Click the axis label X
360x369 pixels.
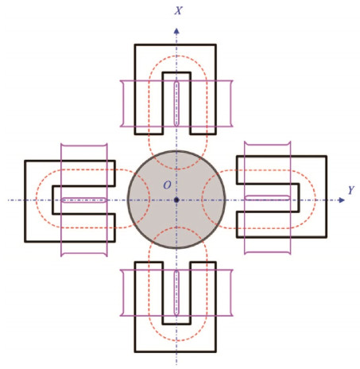[178, 10]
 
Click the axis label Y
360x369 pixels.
[351, 190]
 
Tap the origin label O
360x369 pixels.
[167, 185]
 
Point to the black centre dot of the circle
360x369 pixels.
[176, 200]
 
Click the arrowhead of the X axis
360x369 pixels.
[176, 31]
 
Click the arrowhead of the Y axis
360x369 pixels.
[342, 200]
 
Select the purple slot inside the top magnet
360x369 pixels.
[176, 103]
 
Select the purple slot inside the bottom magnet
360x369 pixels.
[176, 293]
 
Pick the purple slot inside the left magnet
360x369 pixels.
[84, 200]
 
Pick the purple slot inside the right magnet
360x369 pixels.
[267, 197]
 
